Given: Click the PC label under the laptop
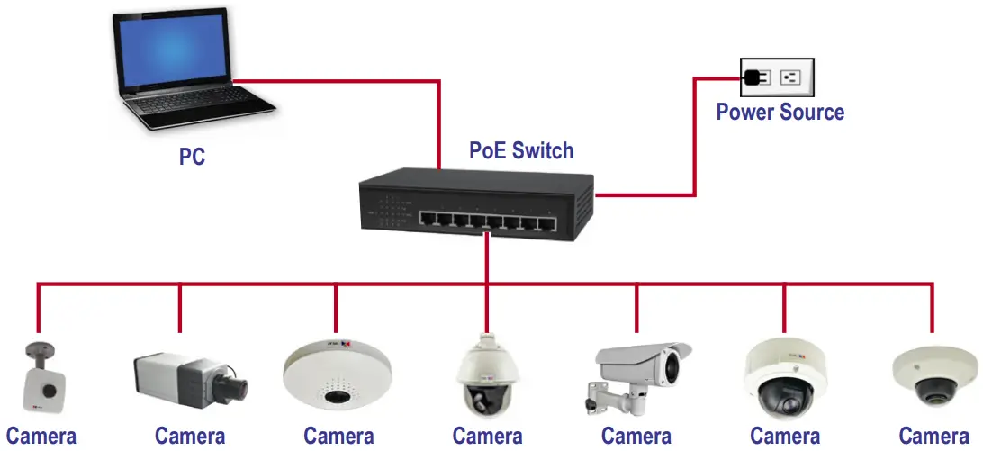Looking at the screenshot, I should coord(192,157).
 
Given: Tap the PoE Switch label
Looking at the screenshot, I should coord(521,150).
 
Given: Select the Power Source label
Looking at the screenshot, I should coord(780,113).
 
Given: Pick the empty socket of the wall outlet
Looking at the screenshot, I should coord(790,77).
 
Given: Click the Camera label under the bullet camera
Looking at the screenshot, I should coord(636,437).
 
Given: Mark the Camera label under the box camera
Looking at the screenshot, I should coord(190,437).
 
